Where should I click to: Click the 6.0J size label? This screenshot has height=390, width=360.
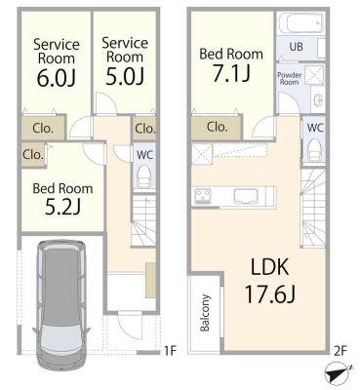(56, 78)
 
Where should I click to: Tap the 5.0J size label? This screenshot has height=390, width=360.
(125, 76)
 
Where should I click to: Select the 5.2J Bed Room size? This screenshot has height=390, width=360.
(62, 207)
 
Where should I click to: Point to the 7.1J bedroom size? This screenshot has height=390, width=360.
(231, 73)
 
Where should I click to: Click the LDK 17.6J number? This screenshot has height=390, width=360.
(269, 294)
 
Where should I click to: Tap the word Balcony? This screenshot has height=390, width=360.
(205, 313)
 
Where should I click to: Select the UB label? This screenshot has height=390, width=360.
(296, 47)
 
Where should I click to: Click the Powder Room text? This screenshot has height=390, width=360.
(289, 78)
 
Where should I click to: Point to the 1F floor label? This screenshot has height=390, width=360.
(170, 351)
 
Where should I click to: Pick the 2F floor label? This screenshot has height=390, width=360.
(340, 351)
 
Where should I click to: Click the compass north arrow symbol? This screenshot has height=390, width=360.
(339, 375)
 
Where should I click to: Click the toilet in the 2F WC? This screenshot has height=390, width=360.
(315, 149)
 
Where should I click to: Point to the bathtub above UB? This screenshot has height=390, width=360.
(301, 23)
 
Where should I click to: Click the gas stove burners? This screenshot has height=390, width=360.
(203, 196)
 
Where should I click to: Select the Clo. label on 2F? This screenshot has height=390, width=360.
(217, 127)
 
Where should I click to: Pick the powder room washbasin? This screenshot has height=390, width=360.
(318, 99)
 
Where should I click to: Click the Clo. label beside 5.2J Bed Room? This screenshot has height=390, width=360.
(33, 154)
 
